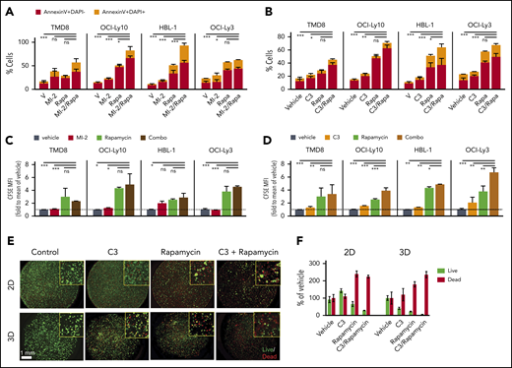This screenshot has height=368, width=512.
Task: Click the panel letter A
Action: click(x=6, y=7)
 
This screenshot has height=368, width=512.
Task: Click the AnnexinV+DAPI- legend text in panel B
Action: click(x=322, y=8)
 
